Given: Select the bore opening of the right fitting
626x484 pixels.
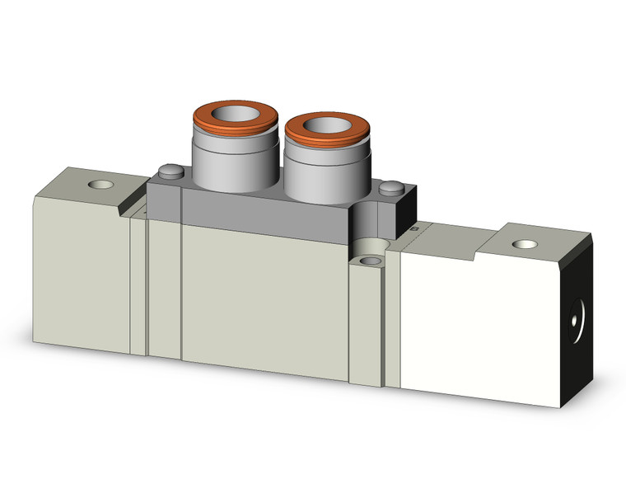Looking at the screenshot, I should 323,127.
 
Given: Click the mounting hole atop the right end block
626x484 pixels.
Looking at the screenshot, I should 521,244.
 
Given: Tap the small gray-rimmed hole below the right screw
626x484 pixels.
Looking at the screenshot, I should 367,261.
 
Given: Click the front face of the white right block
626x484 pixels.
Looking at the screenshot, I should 486,330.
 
